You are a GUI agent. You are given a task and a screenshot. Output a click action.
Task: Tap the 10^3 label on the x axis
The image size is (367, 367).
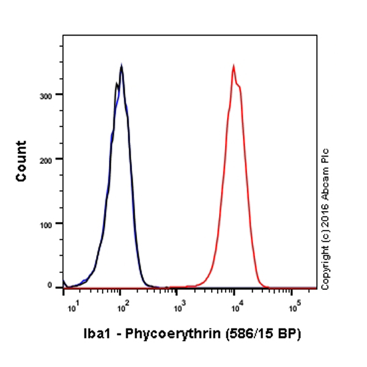click(x=178, y=306)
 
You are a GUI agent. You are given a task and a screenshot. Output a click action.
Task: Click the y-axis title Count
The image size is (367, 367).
click(x=22, y=160)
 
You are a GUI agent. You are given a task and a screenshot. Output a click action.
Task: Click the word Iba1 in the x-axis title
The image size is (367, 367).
click(x=95, y=335)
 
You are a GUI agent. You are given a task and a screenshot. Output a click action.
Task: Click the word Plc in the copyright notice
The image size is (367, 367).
click(x=325, y=155)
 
